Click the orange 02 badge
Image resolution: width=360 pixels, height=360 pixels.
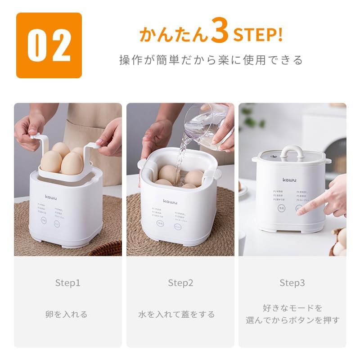[x=49, y=45]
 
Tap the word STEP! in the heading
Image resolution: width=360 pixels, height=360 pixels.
[x=257, y=35]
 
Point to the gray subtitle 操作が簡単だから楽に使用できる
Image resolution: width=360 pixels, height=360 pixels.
[x=211, y=60]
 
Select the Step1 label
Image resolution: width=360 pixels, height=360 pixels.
[x=67, y=283]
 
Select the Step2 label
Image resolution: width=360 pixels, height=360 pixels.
[x=180, y=283]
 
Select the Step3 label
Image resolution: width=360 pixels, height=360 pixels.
[x=292, y=283]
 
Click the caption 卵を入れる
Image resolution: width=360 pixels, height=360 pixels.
[x=67, y=314]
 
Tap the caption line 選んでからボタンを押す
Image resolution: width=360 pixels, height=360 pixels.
[x=292, y=320]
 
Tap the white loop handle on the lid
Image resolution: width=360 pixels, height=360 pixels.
[x=292, y=152]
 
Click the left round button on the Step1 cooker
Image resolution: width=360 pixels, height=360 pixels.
[x=44, y=220]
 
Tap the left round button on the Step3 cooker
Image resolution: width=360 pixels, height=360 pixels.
[x=281, y=209]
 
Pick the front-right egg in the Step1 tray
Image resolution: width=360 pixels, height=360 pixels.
[x=72, y=164]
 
